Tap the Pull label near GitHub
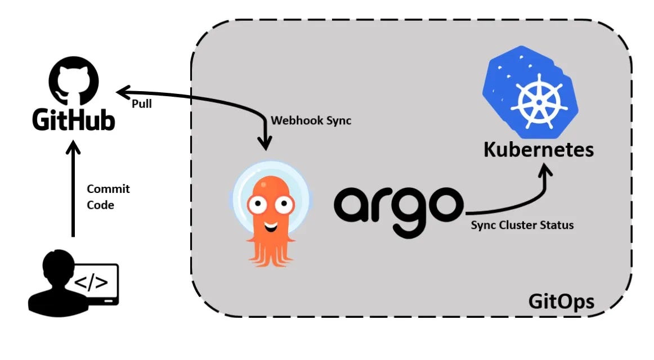click(x=142, y=104)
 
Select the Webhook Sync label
click(x=311, y=120)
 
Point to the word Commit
click(x=108, y=189)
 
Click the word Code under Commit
click(x=100, y=205)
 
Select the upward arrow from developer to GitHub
click(x=73, y=191)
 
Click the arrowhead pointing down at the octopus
click(x=263, y=144)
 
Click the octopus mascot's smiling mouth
click(x=271, y=228)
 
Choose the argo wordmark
click(x=398, y=203)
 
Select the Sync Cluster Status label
click(x=522, y=225)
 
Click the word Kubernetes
click(x=539, y=150)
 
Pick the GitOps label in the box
click(x=561, y=301)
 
